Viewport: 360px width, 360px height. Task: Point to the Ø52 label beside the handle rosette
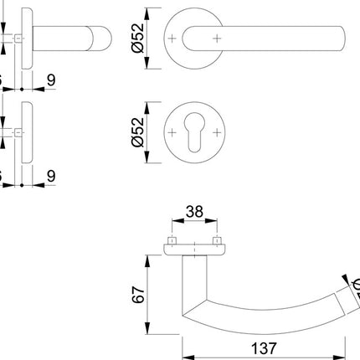139,39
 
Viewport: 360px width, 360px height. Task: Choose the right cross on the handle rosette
216,39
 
